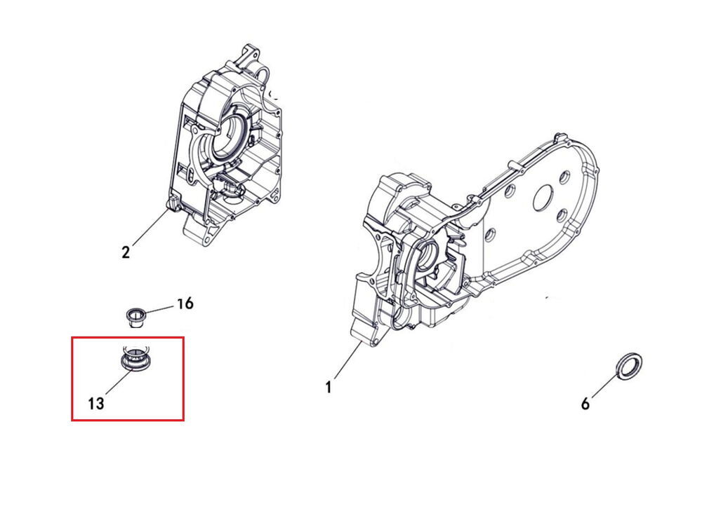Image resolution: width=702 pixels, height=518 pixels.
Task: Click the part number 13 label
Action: click(95, 403)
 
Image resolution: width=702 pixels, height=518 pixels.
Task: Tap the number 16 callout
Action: click(185, 304)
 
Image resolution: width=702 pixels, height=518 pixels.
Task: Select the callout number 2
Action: click(126, 252)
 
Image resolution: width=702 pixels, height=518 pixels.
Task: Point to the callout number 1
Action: click(329, 387)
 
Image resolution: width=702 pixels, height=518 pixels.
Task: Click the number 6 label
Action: click(585, 404)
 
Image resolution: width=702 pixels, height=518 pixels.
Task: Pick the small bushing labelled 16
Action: click(134, 316)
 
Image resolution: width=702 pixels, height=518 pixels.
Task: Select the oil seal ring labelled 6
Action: click(630, 367)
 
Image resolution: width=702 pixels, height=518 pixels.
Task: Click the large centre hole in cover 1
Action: click(545, 197)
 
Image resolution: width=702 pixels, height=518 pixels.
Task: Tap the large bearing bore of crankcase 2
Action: click(227, 136)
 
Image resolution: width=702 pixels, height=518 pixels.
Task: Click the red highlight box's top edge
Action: click(128, 338)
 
